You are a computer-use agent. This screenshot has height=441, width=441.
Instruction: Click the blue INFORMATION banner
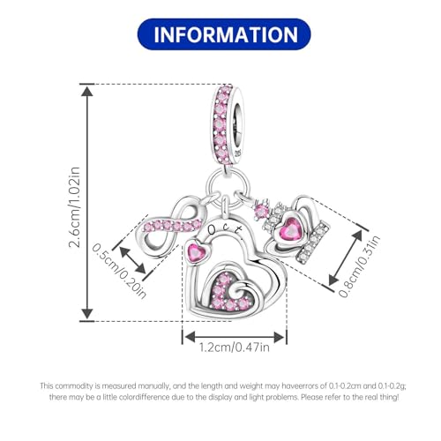click(x=224, y=34)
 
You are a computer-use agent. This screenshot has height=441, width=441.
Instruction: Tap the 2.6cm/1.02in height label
click(x=74, y=207)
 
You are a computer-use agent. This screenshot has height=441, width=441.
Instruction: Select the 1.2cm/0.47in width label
click(x=235, y=348)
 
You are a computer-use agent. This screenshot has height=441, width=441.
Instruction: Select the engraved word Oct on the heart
click(x=225, y=229)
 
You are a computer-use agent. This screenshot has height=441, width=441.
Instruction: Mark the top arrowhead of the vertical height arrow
click(x=87, y=91)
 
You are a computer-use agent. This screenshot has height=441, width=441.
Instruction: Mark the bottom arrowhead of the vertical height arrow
click(x=87, y=314)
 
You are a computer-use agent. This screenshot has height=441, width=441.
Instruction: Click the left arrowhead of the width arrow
click(x=190, y=337)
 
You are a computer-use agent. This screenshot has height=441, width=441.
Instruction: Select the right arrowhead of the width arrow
click(x=279, y=337)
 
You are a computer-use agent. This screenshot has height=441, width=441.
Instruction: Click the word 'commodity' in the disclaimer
click(x=74, y=385)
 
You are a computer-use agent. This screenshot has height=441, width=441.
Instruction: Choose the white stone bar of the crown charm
click(x=313, y=241)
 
